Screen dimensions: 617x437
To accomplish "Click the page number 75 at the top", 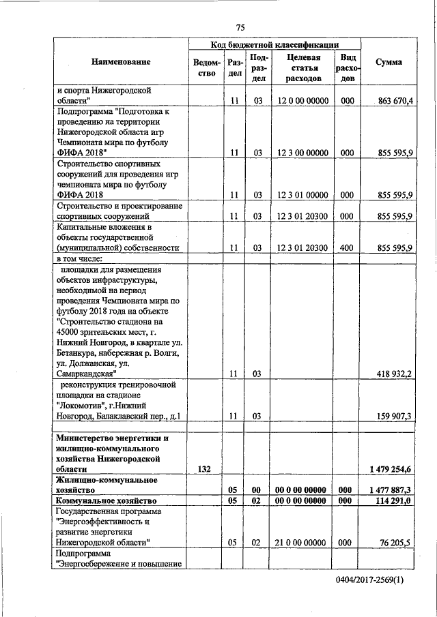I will (x=240, y=27).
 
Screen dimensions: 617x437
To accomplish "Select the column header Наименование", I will (x=120, y=62).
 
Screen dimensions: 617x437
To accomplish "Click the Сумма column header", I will (x=389, y=62).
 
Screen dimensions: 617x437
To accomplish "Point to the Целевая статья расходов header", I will (x=303, y=68).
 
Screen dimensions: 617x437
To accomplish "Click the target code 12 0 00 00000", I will (x=303, y=102).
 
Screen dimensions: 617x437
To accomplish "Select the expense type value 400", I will (x=347, y=247).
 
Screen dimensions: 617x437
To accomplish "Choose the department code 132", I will (x=203, y=469).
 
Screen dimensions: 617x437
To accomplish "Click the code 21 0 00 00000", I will (x=303, y=543).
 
